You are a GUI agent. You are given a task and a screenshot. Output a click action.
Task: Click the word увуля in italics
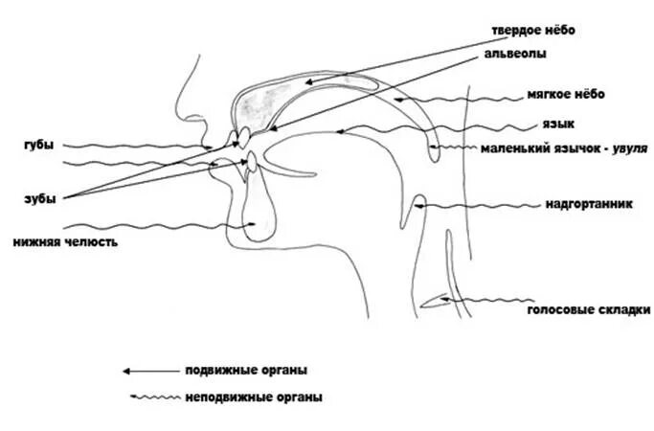tap(630, 148)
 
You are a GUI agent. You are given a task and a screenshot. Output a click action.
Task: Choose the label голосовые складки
tap(589, 309)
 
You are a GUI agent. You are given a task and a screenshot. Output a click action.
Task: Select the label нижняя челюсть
tap(65, 242)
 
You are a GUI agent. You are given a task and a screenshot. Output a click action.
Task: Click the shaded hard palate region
tap(265, 98)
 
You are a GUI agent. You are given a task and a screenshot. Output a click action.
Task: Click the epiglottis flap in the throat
tap(418, 204)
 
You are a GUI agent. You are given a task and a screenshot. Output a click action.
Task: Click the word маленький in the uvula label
tap(517, 148)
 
